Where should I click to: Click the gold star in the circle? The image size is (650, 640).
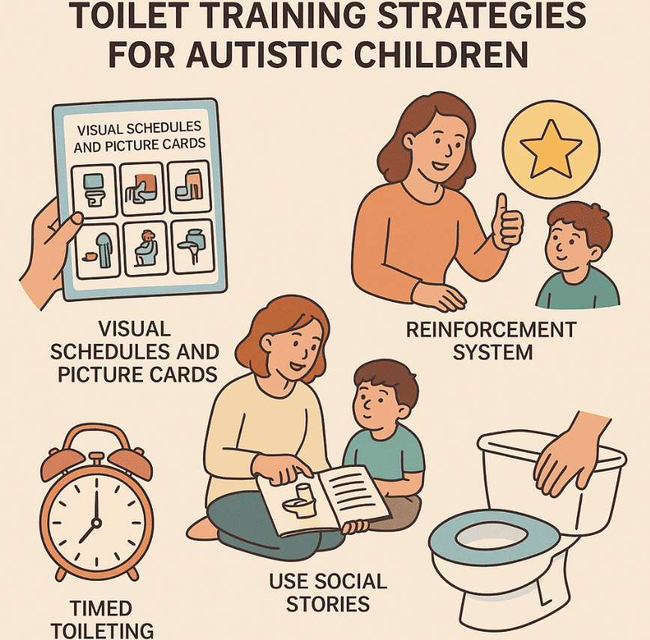click(551, 149)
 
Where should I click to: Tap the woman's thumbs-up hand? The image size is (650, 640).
click(506, 223)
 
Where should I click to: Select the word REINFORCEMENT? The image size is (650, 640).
click(491, 330)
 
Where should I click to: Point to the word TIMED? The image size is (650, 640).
click(101, 609)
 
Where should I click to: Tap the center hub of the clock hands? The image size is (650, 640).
click(96, 522)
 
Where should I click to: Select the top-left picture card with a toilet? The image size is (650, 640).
click(94, 191)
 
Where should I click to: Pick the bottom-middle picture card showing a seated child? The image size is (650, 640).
click(146, 249)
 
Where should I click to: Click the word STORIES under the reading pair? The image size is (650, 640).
click(328, 604)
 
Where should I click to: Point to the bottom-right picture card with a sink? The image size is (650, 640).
click(192, 247)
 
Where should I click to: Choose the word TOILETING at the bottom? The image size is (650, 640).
click(103, 631)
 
